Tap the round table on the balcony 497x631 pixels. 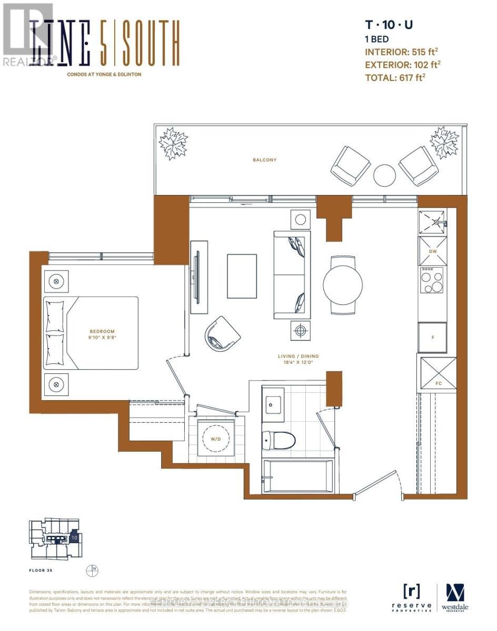[x=384, y=175]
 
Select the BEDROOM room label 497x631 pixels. [x=102, y=331]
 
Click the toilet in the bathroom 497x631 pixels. [x=279, y=440]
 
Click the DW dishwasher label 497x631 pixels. [x=433, y=251]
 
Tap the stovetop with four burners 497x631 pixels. [x=432, y=280]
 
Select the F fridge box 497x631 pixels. [x=432, y=337]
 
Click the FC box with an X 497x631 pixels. [x=438, y=373]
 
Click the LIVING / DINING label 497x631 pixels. [x=299, y=356]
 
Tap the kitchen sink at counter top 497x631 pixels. [x=433, y=222]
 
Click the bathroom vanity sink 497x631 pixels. [x=273, y=403]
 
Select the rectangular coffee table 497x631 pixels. [x=242, y=276]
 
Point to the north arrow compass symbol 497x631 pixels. [x=93, y=569]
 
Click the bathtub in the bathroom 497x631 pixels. [x=298, y=476]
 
